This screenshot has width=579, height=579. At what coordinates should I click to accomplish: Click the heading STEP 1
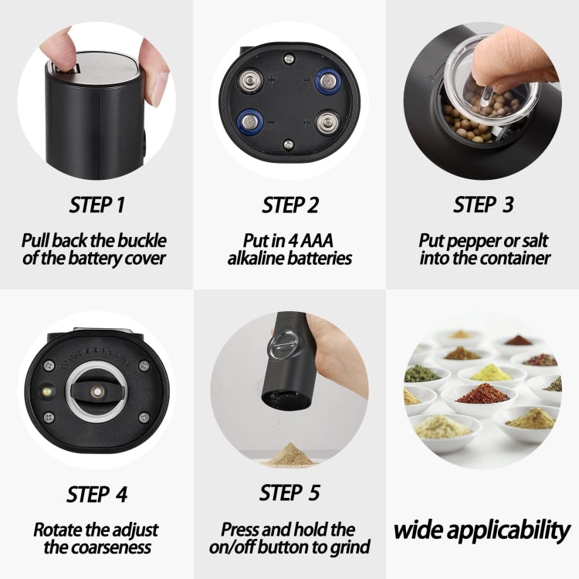click(x=96, y=205)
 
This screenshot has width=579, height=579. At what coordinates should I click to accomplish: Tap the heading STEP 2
click(x=289, y=205)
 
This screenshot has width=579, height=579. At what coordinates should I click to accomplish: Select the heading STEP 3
click(x=483, y=205)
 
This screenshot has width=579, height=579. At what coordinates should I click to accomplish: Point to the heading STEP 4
click(x=96, y=494)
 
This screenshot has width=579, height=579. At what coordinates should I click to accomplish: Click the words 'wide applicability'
click(x=482, y=530)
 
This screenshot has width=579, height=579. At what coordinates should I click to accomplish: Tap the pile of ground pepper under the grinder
click(x=290, y=455)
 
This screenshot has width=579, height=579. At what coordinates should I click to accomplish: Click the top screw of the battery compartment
click(x=289, y=59)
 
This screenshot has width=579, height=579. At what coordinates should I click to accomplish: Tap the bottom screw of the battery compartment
click(x=288, y=144)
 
